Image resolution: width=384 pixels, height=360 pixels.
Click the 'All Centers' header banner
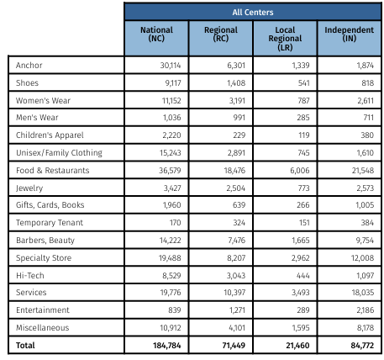tap(252, 12)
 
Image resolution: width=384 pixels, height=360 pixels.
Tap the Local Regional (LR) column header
tap(284, 39)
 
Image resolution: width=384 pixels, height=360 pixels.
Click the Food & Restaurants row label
tap(52, 170)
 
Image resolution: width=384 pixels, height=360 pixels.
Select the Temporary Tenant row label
tap(50, 223)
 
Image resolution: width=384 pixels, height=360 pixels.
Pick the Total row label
tap(27, 346)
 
